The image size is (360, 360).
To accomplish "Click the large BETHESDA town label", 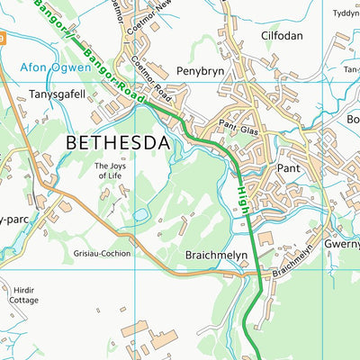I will click(x=118, y=143).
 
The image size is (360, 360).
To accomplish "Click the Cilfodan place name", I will click(x=283, y=36).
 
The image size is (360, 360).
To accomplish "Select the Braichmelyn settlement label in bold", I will click(x=216, y=255).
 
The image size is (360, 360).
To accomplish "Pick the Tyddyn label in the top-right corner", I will click(x=345, y=13).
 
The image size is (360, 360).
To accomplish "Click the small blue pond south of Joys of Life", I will click(x=140, y=214).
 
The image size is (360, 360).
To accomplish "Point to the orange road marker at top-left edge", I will click(x=3, y=39).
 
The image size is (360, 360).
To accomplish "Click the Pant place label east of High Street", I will click(x=288, y=168).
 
